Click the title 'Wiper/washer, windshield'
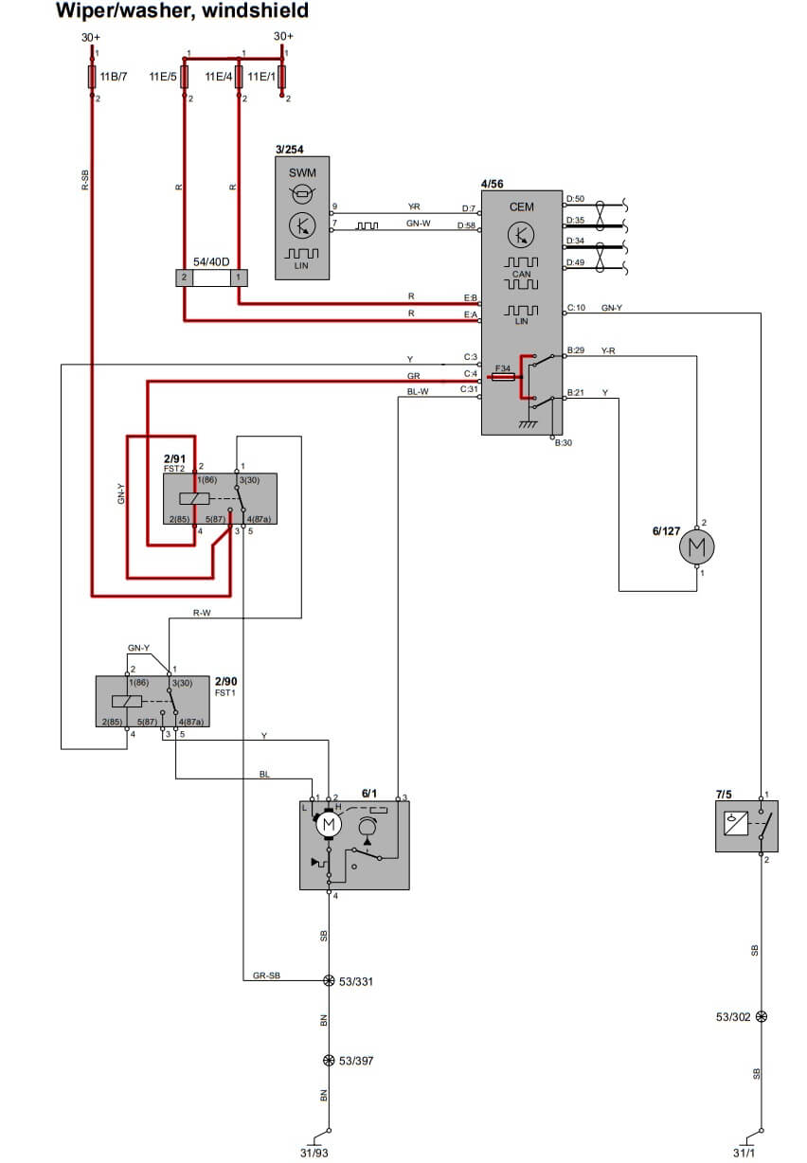pyautogui.click(x=182, y=11)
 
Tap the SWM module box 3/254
pyautogui.click(x=303, y=218)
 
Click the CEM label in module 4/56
pyautogui.click(x=521, y=206)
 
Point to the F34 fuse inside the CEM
pyautogui.click(x=504, y=376)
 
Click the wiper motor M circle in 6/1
pyautogui.click(x=329, y=826)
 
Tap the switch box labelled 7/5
pyautogui.click(x=746, y=826)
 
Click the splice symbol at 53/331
pyautogui.click(x=329, y=981)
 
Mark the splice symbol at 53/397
pyautogui.click(x=329, y=1061)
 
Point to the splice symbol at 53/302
pyautogui.click(x=762, y=1016)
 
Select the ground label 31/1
pyautogui.click(x=745, y=1152)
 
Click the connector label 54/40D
pyautogui.click(x=211, y=260)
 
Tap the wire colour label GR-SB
pyautogui.click(x=266, y=975)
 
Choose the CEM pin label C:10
pyautogui.click(x=577, y=308)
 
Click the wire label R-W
pyautogui.click(x=202, y=613)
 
